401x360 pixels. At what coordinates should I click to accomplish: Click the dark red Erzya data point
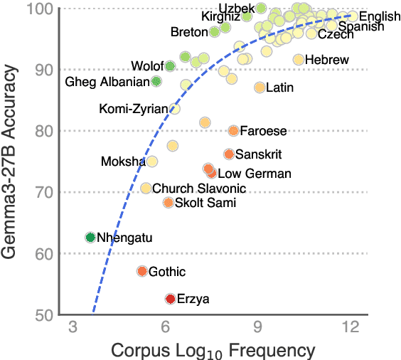coord(171,299)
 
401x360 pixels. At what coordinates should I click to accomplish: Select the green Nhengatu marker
coord(90,238)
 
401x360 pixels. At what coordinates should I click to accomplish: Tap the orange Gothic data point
coord(142,271)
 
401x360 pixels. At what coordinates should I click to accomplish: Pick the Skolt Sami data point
coord(168,203)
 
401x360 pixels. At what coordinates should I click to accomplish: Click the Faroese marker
coord(233,131)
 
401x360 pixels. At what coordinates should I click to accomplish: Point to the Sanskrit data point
coord(229,154)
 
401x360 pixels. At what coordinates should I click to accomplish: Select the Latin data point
coord(260,88)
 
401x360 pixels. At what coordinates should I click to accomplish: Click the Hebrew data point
coord(299,60)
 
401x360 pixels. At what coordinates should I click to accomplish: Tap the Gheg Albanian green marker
coord(156,81)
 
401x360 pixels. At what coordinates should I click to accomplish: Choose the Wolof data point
coord(170,66)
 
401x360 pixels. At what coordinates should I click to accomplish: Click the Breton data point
coord(215,32)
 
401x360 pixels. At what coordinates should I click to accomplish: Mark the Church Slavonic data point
coord(146,189)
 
